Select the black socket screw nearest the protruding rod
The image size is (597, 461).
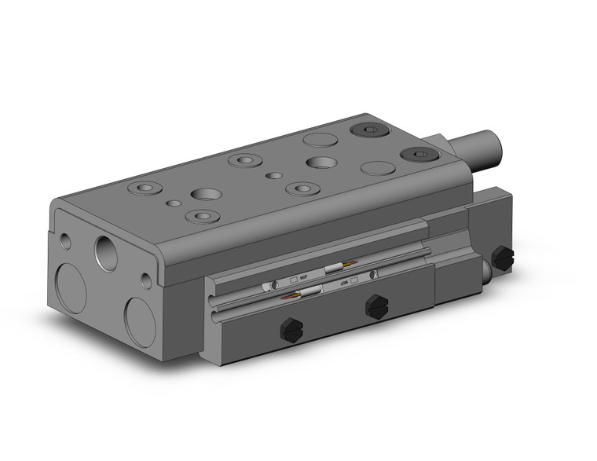(413, 155)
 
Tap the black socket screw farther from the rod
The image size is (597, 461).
(365, 130)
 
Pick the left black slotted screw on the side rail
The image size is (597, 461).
(291, 330)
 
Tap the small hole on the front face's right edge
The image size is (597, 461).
(147, 280)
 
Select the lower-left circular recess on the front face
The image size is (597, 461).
(71, 288)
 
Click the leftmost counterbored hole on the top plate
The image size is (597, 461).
(145, 188)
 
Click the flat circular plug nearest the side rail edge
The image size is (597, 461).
(377, 167)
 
